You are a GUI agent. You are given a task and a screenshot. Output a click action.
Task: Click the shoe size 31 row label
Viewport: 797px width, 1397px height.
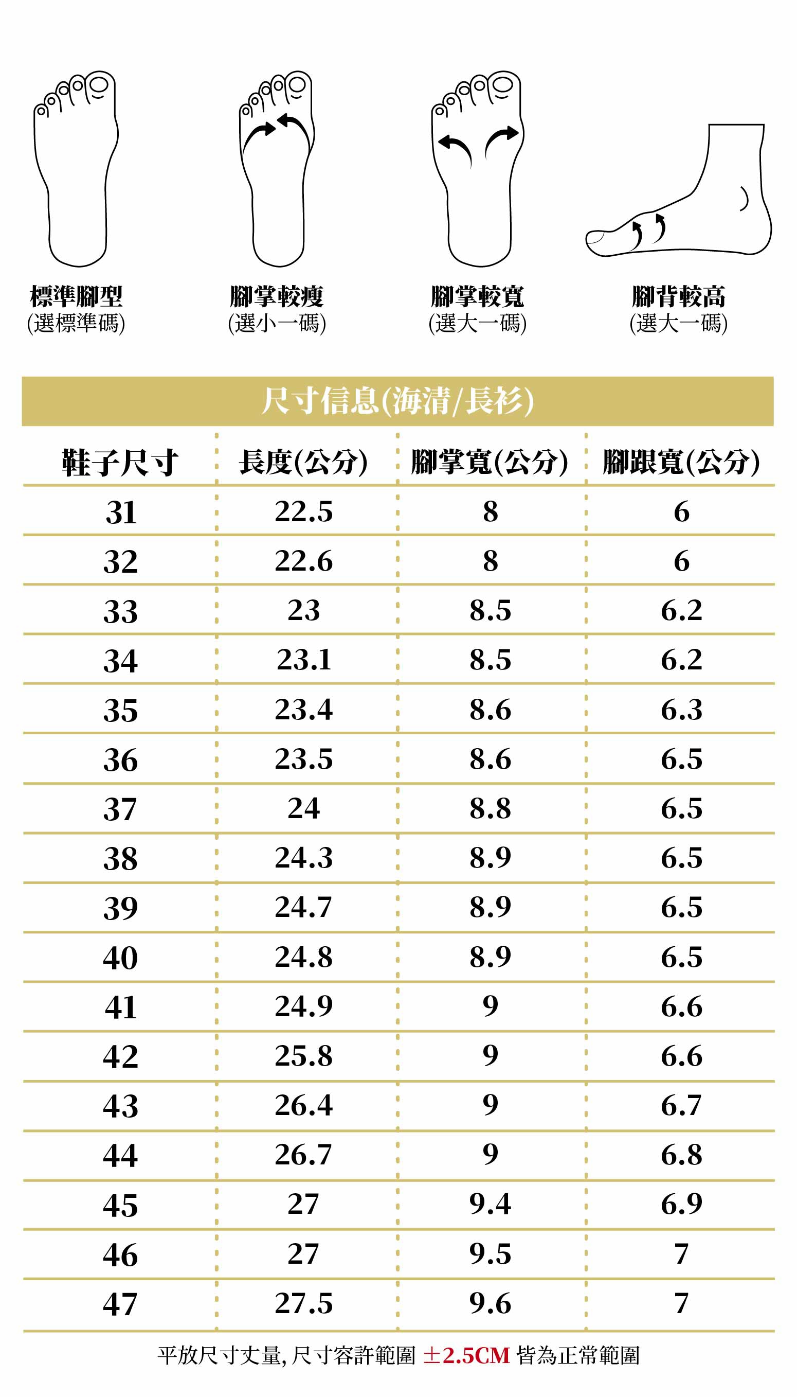pyautogui.click(x=120, y=512)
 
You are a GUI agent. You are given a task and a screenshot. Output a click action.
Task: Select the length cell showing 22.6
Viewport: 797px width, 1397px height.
pyautogui.click(x=303, y=561)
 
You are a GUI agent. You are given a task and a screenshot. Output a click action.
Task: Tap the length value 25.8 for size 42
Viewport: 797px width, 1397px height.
pyautogui.click(x=303, y=1055)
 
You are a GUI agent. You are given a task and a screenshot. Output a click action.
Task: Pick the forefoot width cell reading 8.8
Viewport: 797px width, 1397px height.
pyautogui.click(x=490, y=808)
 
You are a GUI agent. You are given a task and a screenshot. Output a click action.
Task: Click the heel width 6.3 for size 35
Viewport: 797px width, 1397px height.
pyautogui.click(x=681, y=710)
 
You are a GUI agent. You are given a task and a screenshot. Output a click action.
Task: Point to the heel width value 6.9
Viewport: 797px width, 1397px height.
pyautogui.click(x=681, y=1203)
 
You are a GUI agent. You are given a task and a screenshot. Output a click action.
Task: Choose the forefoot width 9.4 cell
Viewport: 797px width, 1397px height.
pyautogui.click(x=490, y=1203)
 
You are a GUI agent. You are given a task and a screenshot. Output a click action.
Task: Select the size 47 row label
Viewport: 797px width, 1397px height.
pyautogui.click(x=120, y=1304)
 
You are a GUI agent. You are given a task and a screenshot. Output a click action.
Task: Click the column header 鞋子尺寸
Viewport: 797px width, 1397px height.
pyautogui.click(x=120, y=462)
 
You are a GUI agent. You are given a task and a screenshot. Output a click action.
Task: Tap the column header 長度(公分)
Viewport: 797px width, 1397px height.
pyautogui.click(x=303, y=462)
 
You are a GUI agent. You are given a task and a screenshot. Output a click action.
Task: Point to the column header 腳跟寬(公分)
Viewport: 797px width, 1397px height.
pyautogui.click(x=681, y=462)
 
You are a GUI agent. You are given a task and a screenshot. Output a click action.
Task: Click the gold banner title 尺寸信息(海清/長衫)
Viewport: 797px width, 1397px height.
pyautogui.click(x=397, y=401)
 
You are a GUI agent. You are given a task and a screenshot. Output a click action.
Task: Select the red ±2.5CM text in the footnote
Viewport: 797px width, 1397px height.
pyautogui.click(x=466, y=1355)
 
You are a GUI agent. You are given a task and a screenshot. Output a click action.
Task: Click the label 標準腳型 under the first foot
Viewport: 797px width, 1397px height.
pyautogui.click(x=76, y=296)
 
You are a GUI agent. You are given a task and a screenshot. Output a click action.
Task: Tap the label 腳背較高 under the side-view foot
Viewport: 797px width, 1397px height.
pyautogui.click(x=678, y=296)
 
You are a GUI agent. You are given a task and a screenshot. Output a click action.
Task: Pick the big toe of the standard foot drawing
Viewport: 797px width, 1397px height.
pyautogui.click(x=99, y=85)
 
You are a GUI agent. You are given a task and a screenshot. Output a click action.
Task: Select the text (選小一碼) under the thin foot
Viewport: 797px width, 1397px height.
pyautogui.click(x=277, y=323)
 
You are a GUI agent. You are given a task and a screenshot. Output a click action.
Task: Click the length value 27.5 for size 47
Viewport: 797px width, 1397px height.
pyautogui.click(x=303, y=1303)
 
